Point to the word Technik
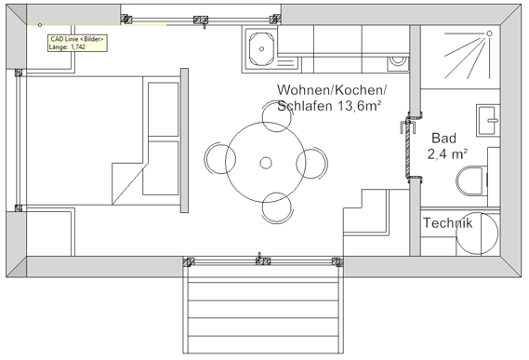pyautogui.click(x=447, y=223)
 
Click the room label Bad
pyautogui.click(x=443, y=137)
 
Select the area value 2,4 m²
pyautogui.click(x=446, y=154)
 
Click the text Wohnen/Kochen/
pyautogui.click(x=330, y=89)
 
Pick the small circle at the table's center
pyautogui.click(x=266, y=164)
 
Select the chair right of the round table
pyautogui.click(x=315, y=164)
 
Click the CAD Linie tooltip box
pyautogui.click(x=76, y=43)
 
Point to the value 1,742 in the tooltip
pyautogui.click(x=86, y=47)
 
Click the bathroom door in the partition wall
pyautogui.click(x=406, y=147)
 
